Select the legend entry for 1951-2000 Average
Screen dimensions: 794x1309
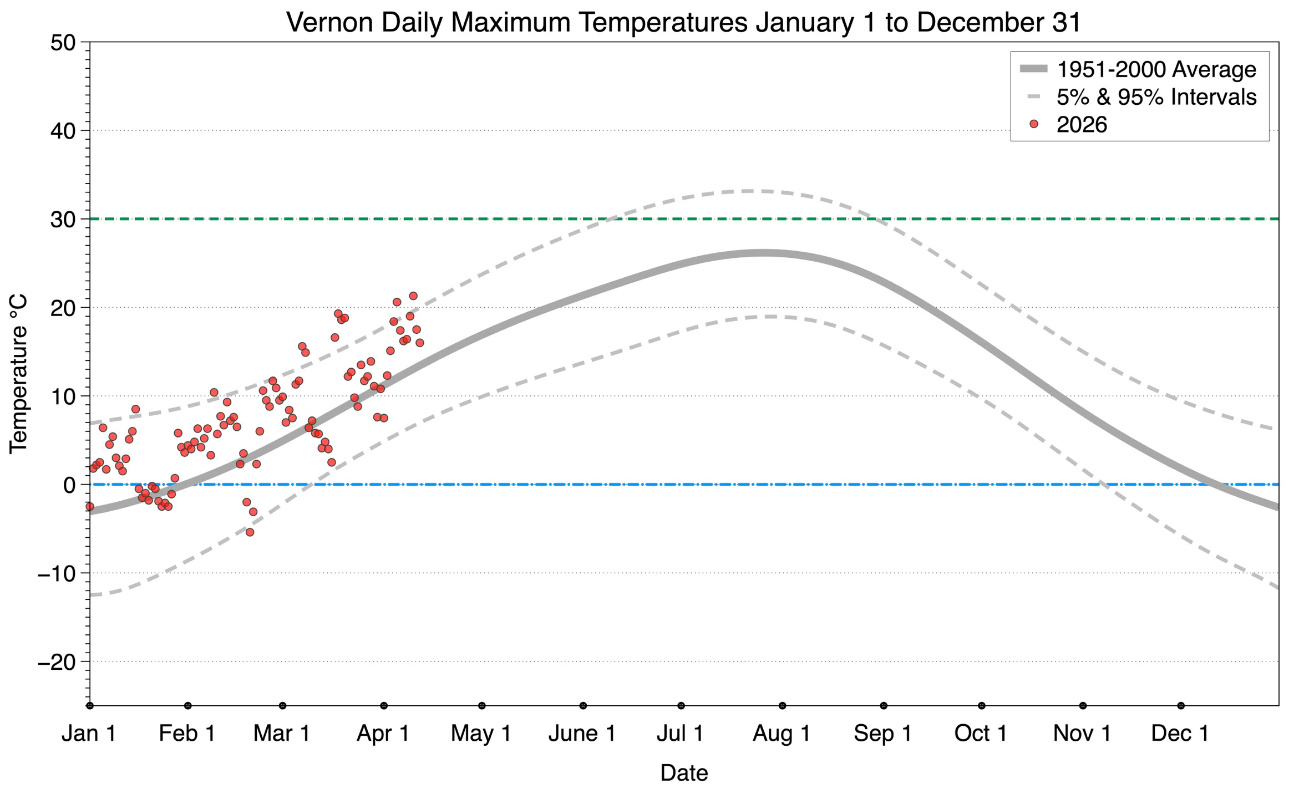pos(1156,70)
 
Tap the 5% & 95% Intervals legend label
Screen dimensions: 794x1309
pos(1156,97)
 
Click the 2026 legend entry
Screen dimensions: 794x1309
pos(1081,125)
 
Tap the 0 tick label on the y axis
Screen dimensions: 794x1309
pos(69,485)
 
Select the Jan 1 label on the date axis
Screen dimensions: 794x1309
pos(89,733)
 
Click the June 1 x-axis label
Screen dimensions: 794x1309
pos(582,733)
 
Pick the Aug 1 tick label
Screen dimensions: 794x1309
pos(782,733)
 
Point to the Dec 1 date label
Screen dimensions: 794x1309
pos(1180,733)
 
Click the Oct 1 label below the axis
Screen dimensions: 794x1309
pos(981,733)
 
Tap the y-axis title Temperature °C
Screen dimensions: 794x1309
pos(18,374)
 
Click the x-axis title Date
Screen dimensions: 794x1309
pos(684,773)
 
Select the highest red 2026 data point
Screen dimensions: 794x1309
pos(413,296)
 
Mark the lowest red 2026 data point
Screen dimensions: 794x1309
pos(250,532)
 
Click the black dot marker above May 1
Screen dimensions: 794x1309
pos(482,706)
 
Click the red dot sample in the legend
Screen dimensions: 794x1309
pos(1033,124)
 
